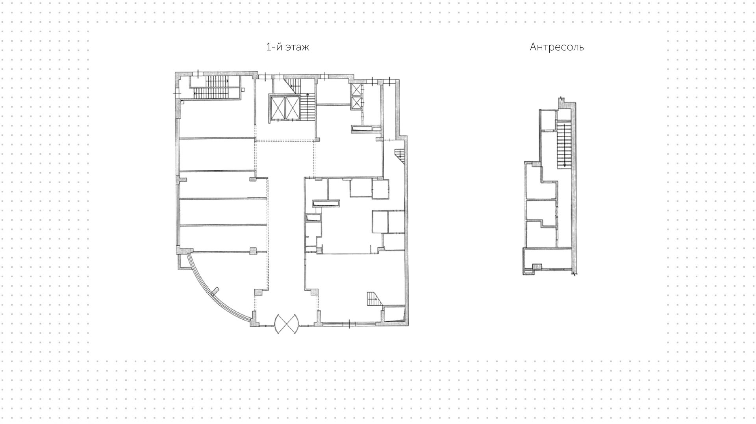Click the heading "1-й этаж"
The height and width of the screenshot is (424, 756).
(x=287, y=47)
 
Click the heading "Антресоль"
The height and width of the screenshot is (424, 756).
(x=556, y=47)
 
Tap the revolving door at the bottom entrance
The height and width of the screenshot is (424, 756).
(x=287, y=324)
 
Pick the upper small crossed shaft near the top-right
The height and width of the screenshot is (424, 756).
(x=356, y=90)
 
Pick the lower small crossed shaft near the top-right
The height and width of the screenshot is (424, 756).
(x=356, y=103)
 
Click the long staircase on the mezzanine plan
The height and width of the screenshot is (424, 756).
(x=564, y=145)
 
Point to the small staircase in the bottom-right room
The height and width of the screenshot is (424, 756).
(x=372, y=299)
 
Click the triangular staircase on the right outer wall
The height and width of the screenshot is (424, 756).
(x=400, y=154)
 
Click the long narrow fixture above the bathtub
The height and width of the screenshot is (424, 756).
(x=326, y=203)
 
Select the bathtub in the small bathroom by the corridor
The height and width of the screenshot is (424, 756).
(x=313, y=218)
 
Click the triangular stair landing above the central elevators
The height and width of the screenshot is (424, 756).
(x=293, y=83)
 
